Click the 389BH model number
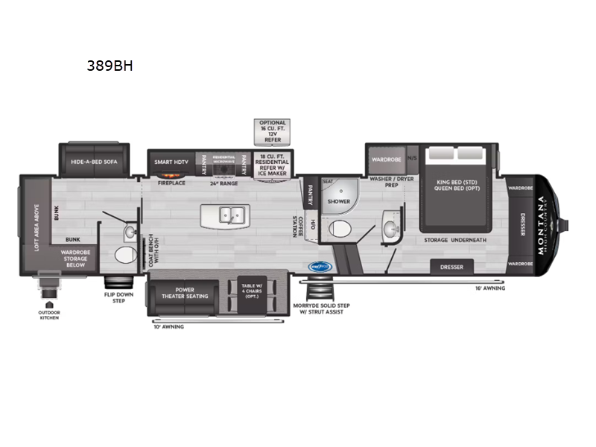(110, 66)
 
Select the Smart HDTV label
(170, 161)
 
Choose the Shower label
(339, 201)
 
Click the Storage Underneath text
(455, 240)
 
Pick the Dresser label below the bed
(451, 267)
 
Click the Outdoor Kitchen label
(49, 315)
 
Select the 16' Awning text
(490, 288)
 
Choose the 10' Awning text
(168, 326)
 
